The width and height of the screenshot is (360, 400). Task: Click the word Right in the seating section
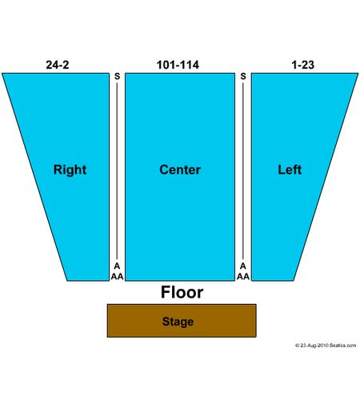click(70, 170)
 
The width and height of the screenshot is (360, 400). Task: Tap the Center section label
click(180, 170)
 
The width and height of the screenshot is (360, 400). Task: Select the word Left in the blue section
click(290, 170)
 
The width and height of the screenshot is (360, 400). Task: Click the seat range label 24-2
click(58, 65)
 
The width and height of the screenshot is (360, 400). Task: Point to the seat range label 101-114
click(178, 65)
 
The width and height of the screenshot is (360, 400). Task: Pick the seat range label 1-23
click(303, 65)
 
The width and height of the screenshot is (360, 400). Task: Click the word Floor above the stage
click(182, 292)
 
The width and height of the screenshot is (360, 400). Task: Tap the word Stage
click(178, 322)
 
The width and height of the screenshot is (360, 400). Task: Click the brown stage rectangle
click(182, 321)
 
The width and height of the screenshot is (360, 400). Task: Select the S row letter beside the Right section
click(117, 77)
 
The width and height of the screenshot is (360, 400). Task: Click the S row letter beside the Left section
click(243, 77)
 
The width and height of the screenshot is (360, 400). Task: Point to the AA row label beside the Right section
click(117, 277)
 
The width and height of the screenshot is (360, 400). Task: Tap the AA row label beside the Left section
click(243, 277)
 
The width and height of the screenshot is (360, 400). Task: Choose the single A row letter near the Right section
click(117, 266)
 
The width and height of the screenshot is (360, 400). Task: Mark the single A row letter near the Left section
click(243, 266)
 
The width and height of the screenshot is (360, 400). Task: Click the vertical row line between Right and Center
click(117, 171)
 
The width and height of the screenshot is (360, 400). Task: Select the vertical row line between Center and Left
click(243, 171)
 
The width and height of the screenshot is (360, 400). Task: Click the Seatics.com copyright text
click(326, 346)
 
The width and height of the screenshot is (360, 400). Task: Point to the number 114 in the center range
click(189, 65)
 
